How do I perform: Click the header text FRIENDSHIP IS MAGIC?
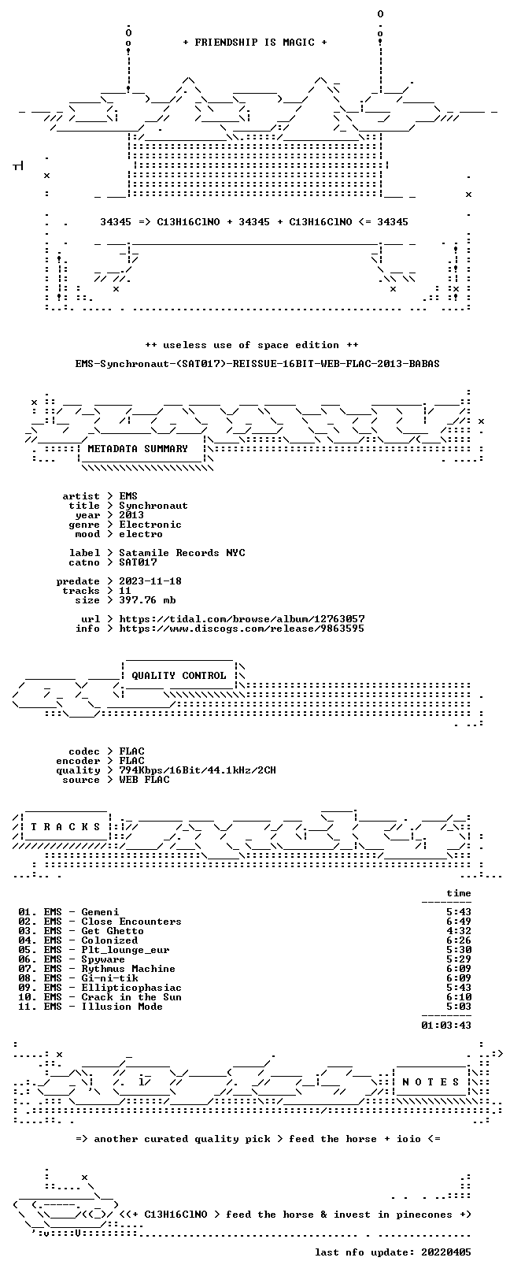pos(254,43)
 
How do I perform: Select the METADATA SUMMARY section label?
pos(137,449)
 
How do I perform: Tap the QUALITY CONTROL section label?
pos(179,676)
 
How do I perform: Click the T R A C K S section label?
pos(65,826)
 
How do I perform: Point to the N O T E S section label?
pos(431,1081)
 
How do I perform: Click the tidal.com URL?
pos(242,618)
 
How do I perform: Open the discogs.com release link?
pos(242,629)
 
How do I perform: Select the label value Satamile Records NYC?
pos(182,553)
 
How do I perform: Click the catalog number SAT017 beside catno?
pos(138,562)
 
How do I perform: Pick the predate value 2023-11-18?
pos(150,581)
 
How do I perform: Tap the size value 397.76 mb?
pos(147,600)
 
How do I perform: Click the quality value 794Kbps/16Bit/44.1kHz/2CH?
pos(198,770)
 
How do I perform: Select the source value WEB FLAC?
pos(144,780)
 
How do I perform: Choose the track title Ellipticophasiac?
pos(131,987)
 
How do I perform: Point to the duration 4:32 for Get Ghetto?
pos(459,931)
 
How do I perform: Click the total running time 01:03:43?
pos(446,1025)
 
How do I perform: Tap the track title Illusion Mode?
pos(122,1006)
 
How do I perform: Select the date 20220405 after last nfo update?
pos(446,1252)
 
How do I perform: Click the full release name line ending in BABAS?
pos(257,363)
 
